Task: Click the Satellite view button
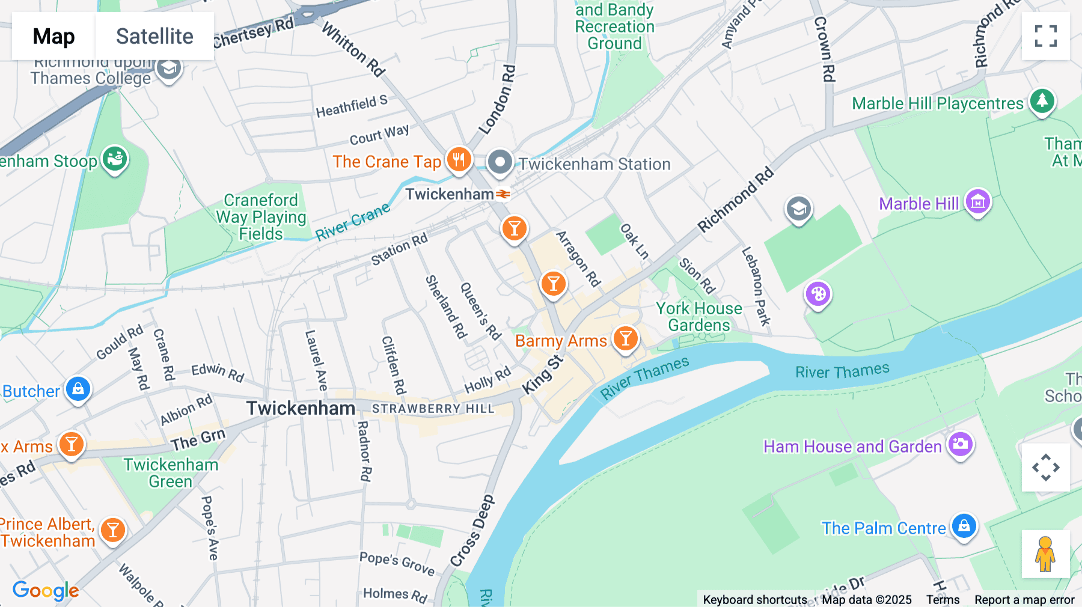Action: pyautogui.click(x=154, y=37)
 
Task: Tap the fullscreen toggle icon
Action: pyautogui.click(x=1045, y=36)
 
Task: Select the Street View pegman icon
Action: pyautogui.click(x=1045, y=554)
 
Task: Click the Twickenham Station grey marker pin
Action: pyautogui.click(x=500, y=162)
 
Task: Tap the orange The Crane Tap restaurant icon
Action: pyautogui.click(x=459, y=160)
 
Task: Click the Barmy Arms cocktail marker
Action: pyautogui.click(x=625, y=338)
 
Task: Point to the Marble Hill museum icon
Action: pyautogui.click(x=977, y=202)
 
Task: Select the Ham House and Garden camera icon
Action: pyautogui.click(x=960, y=445)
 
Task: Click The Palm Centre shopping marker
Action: pyautogui.click(x=964, y=526)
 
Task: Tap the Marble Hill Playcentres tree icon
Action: pyautogui.click(x=1042, y=101)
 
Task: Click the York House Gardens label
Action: pyautogui.click(x=698, y=317)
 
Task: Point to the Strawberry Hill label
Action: pyautogui.click(x=433, y=409)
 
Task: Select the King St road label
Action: pyautogui.click(x=542, y=376)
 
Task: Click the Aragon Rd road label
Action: pyautogui.click(x=578, y=258)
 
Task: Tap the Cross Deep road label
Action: pyautogui.click(x=472, y=530)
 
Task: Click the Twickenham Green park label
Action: pyautogui.click(x=171, y=473)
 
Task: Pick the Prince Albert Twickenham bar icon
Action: pyautogui.click(x=112, y=530)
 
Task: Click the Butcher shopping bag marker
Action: pyautogui.click(x=78, y=389)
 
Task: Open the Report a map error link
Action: pyautogui.click(x=1024, y=600)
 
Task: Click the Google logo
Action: pyautogui.click(x=46, y=591)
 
